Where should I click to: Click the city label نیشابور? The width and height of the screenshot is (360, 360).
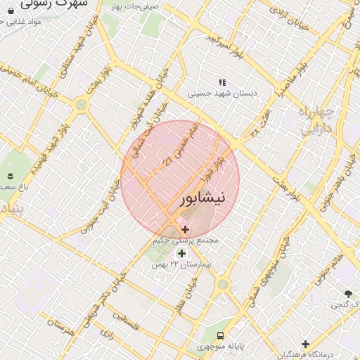coord(204,198)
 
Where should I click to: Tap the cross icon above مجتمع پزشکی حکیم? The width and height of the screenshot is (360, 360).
coord(185,229)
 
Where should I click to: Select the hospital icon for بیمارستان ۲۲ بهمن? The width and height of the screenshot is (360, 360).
coord(182,253)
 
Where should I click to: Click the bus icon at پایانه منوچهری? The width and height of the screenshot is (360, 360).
coord(221,335)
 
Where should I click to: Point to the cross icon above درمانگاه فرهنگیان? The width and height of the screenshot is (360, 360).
coord(305,344)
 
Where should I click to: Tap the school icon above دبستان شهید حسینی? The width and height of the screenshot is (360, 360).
coord(222,82)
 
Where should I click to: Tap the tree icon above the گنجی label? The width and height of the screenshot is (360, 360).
coord(347,294)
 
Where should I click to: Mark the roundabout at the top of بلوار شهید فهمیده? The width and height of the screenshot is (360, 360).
coord(80,105)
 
